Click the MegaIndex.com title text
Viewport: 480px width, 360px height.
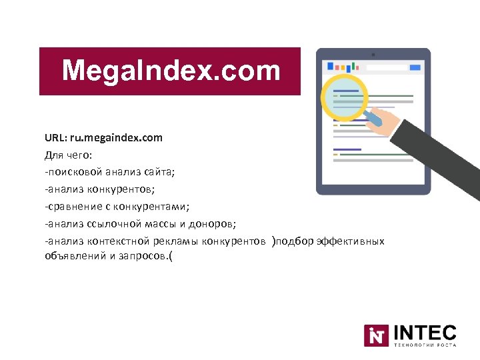click(171, 71)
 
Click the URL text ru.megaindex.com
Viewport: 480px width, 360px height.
click(121, 138)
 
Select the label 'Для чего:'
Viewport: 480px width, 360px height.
click(69, 155)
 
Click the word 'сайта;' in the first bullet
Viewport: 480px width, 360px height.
click(159, 172)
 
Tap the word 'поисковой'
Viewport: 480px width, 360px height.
click(72, 172)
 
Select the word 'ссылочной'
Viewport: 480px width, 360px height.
click(108, 223)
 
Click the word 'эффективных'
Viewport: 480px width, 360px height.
click(352, 240)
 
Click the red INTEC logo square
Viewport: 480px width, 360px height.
click(376, 335)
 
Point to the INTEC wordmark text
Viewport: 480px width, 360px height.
click(425, 332)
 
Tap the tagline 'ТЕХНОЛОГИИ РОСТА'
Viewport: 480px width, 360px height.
click(425, 346)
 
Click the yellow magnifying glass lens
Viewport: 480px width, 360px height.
click(344, 97)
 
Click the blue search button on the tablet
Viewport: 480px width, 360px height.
click(415, 67)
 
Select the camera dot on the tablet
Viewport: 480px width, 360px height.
click(373, 54)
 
